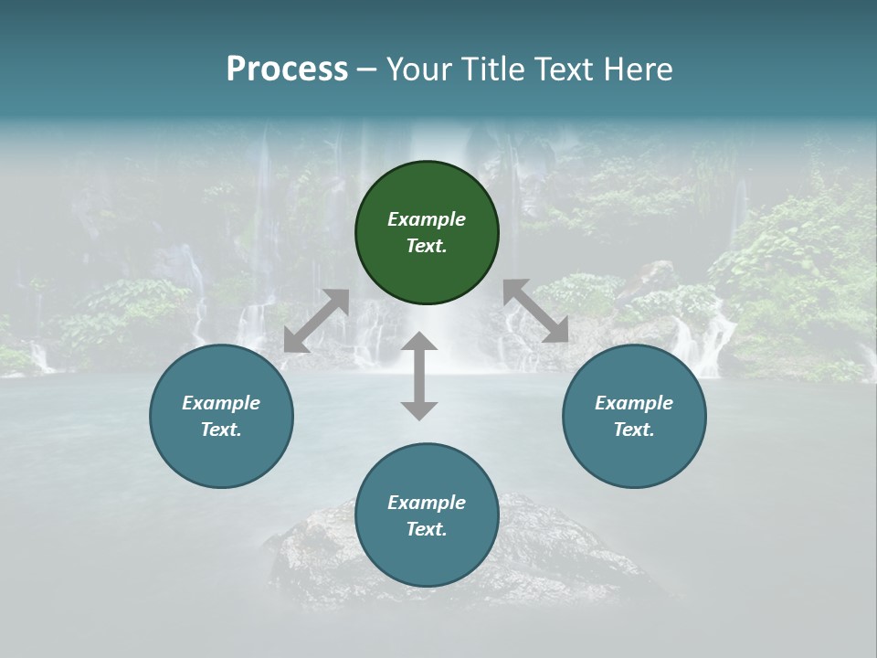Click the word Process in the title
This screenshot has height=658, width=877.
tap(287, 69)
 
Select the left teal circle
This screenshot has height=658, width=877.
tap(221, 457)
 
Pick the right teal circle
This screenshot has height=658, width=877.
tap(634, 457)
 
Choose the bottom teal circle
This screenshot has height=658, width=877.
tap(427, 557)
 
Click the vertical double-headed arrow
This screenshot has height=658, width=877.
tap(419, 376)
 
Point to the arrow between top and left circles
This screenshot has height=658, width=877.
tap(316, 321)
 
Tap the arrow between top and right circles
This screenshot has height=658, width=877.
tap(535, 311)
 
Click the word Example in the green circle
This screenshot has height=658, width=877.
tap(427, 219)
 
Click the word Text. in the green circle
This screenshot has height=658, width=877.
tap(427, 246)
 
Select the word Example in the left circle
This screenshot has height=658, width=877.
tap(221, 403)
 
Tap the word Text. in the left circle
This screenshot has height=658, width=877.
tap(221, 430)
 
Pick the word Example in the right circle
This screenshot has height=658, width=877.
tap(634, 403)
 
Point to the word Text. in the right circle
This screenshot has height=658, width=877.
tap(634, 430)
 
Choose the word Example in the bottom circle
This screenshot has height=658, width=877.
tap(427, 503)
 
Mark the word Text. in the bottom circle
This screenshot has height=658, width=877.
tap(427, 529)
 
